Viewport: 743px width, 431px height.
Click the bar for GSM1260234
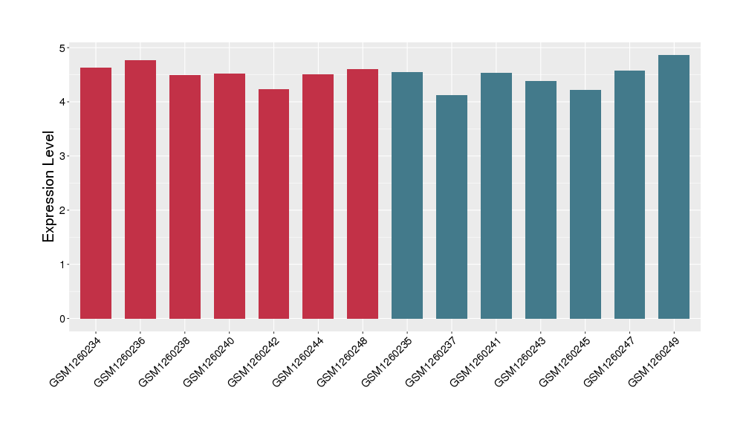(96, 193)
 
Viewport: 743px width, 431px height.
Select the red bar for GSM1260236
(140, 189)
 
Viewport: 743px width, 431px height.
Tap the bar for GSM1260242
(274, 204)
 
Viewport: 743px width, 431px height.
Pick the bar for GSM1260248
(363, 194)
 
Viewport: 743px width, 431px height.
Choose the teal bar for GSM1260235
(407, 195)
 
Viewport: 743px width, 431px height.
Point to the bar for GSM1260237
(452, 207)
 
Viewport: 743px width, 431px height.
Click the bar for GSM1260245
(585, 204)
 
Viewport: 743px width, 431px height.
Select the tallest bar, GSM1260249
(674, 187)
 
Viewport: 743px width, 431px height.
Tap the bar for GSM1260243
(541, 200)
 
